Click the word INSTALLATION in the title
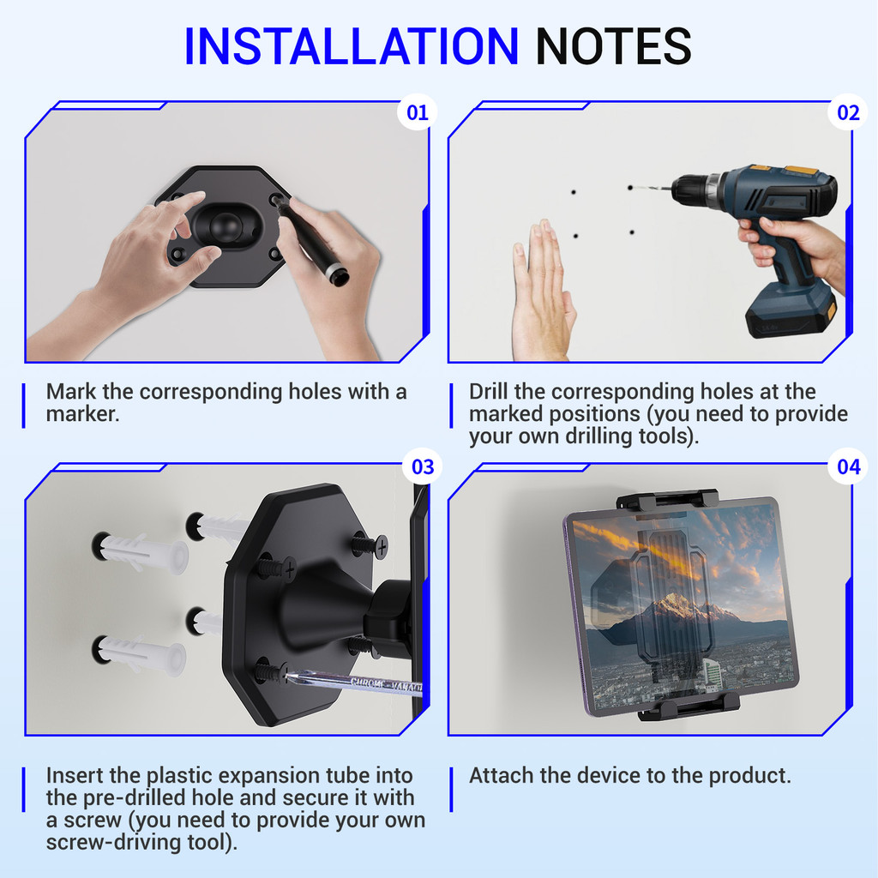pos(352,46)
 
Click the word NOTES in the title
pos(614,46)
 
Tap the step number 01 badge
pos(418,112)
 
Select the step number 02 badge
pos(848,112)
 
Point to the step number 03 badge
pos(423,466)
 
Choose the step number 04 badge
pos(848,466)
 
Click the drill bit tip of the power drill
pos(632,188)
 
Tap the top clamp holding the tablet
pos(667,498)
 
